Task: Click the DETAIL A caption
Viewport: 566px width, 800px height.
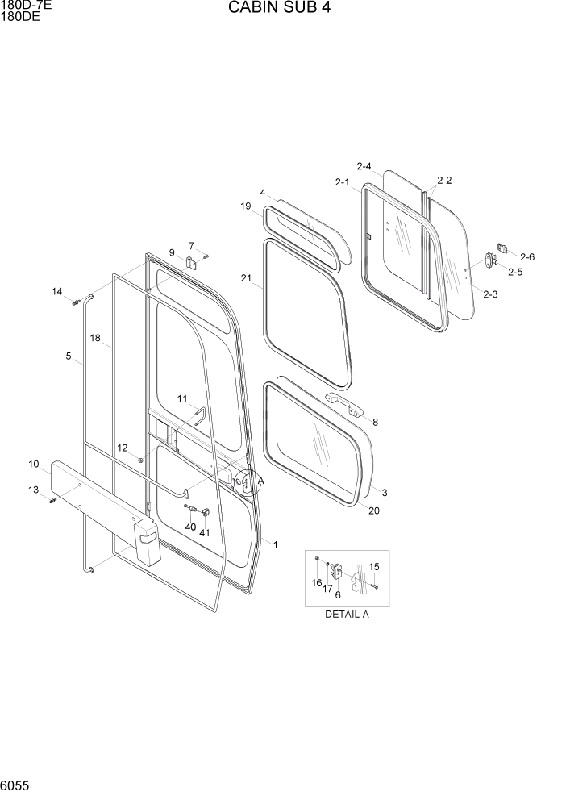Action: [347, 614]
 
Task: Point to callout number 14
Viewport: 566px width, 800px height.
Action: [57, 291]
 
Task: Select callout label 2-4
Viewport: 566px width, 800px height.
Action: [363, 167]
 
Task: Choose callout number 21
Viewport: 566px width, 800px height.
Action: [246, 278]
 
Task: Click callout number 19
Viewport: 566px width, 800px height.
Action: [246, 206]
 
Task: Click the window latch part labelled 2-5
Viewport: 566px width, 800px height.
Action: [490, 260]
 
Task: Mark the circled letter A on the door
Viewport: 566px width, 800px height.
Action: [260, 481]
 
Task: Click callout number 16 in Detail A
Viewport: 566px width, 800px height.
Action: [316, 582]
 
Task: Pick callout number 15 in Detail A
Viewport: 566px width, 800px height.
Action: [374, 567]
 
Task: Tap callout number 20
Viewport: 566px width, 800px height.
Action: [373, 510]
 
